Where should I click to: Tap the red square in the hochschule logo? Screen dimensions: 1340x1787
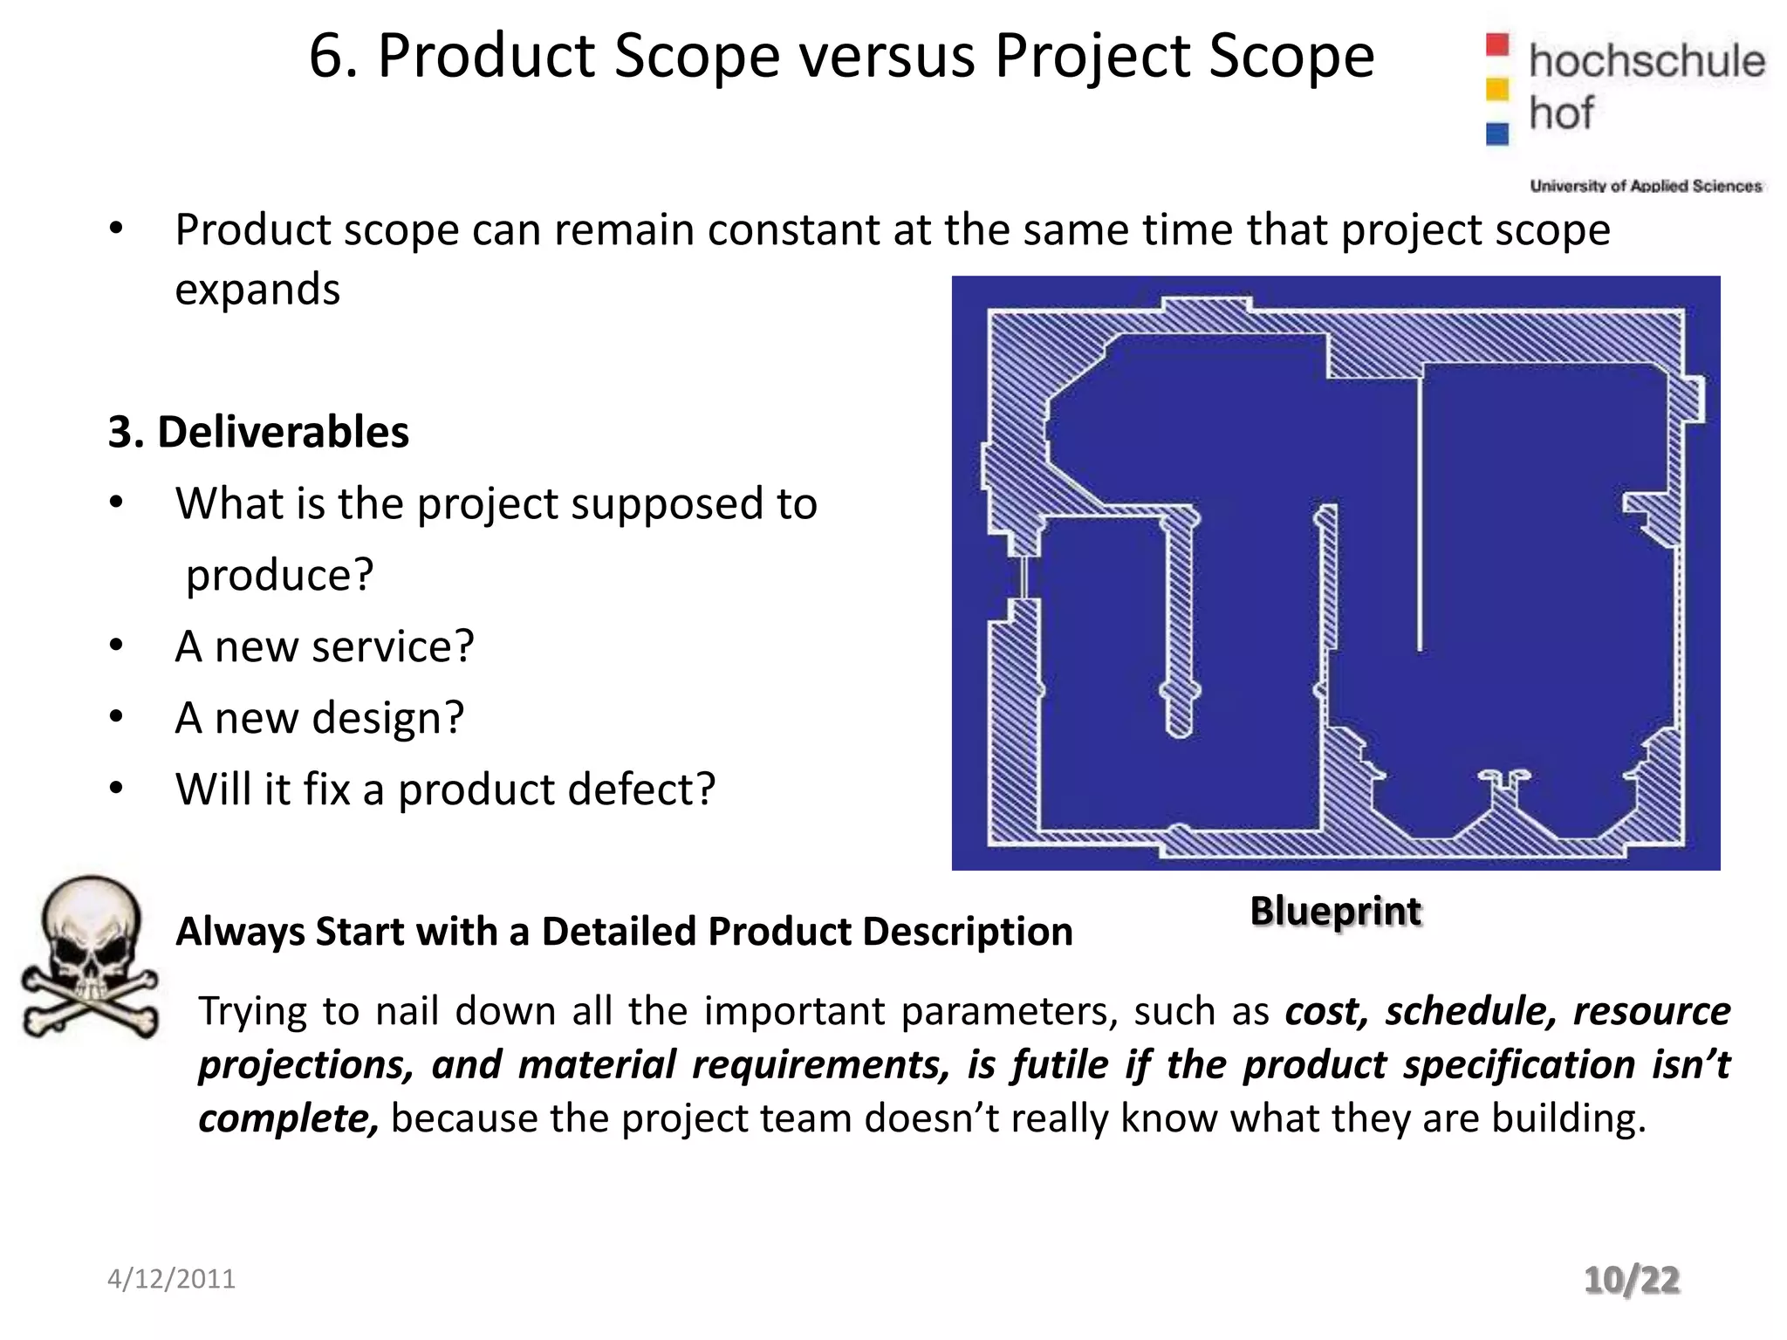click(x=1497, y=44)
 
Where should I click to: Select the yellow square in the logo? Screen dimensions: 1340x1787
click(x=1497, y=89)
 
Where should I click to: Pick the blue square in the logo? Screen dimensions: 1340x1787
click(x=1497, y=133)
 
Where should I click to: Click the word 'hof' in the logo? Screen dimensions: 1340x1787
click(x=1561, y=113)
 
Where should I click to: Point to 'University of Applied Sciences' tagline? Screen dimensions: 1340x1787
click(x=1646, y=186)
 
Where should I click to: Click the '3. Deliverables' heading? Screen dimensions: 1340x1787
click(x=258, y=432)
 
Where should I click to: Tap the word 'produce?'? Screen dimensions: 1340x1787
click(x=280, y=575)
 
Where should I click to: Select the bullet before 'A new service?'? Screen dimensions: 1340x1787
click(x=117, y=646)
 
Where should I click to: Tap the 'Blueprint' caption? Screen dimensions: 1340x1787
click(x=1336, y=912)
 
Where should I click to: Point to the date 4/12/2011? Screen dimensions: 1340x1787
click(x=171, y=1279)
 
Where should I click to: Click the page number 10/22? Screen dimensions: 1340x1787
click(x=1632, y=1281)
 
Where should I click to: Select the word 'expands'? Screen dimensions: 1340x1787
click(x=257, y=290)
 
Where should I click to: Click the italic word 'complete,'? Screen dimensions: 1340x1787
click(x=289, y=1119)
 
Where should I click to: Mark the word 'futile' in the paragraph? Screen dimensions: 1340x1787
click(x=1061, y=1065)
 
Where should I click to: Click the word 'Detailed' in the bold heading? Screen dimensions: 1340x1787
click(x=619, y=932)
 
